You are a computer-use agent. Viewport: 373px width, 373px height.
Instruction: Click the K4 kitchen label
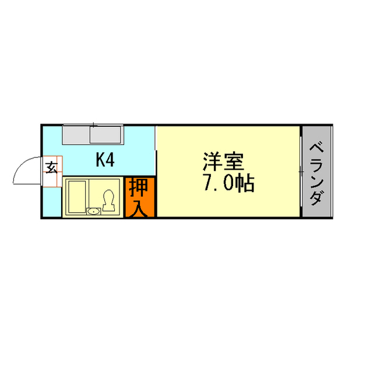click(x=105, y=160)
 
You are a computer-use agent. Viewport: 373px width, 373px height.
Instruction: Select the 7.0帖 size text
click(x=228, y=184)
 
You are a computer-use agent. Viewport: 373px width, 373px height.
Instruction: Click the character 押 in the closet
click(x=140, y=188)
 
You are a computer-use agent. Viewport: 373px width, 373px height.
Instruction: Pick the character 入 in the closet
click(x=140, y=207)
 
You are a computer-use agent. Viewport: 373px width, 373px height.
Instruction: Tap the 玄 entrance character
click(x=51, y=167)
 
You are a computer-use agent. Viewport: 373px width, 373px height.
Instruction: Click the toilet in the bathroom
click(x=108, y=200)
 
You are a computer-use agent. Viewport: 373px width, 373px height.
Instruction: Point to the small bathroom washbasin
click(x=94, y=211)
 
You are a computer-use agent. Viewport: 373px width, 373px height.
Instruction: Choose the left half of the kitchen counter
click(x=76, y=135)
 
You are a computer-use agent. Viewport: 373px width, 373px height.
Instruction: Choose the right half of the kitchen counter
click(x=106, y=135)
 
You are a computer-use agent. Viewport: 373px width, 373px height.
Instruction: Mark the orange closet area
click(x=140, y=198)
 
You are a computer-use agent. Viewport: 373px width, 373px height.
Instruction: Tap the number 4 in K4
click(x=110, y=160)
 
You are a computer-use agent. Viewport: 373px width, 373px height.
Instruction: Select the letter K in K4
click(x=100, y=160)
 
